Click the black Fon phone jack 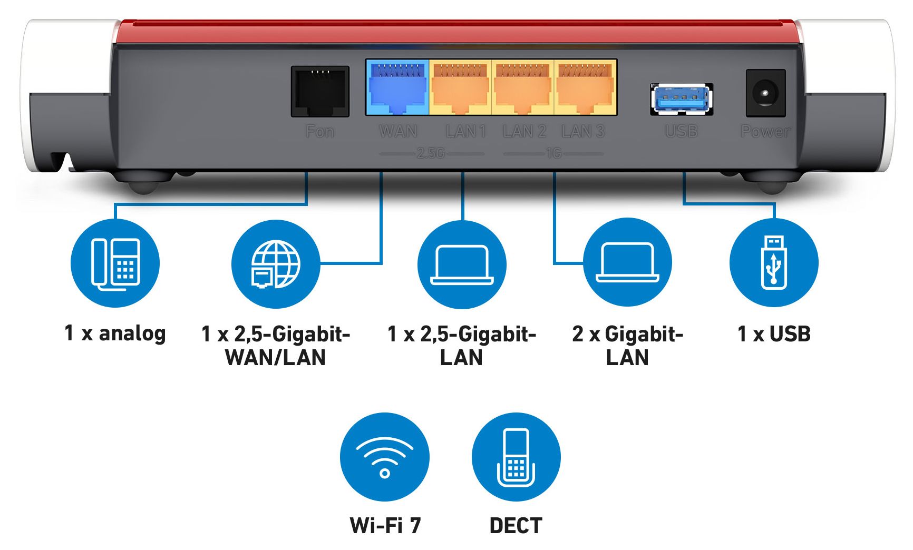(x=320, y=91)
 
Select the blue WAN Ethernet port (x=397, y=88)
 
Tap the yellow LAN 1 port (x=460, y=88)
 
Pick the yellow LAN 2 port (x=522, y=88)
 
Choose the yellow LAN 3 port (x=585, y=88)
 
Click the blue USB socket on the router (x=682, y=99)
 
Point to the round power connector (x=765, y=93)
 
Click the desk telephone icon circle (x=115, y=263)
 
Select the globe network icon (x=275, y=263)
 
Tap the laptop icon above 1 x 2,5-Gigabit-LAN (x=462, y=263)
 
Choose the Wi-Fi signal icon (x=385, y=457)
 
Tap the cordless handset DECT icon (x=516, y=457)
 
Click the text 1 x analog (x=115, y=333)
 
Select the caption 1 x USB (x=774, y=334)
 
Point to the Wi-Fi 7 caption (x=385, y=525)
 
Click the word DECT (x=516, y=526)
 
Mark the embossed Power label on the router (x=765, y=131)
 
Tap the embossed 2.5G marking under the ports (x=431, y=153)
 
